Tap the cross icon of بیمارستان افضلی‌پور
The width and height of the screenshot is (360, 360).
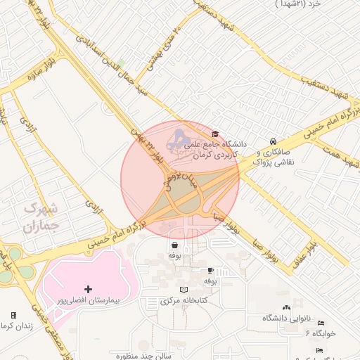88,289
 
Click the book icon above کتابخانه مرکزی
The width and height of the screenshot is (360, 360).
184,290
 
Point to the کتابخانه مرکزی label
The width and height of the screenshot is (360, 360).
184,301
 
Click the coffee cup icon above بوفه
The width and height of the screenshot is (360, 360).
210,270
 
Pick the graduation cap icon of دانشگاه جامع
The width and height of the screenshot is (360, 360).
215,134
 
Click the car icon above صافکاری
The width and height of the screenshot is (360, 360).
273,141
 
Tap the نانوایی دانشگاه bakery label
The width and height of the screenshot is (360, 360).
286,318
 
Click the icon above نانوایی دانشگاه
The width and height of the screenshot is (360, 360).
285,307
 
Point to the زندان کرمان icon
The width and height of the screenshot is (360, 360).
13,315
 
